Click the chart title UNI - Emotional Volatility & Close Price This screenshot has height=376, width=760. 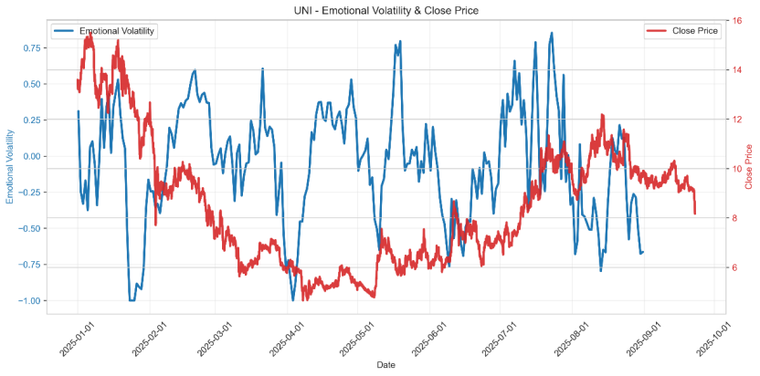click(385, 10)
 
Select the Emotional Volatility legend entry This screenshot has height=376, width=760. click(117, 31)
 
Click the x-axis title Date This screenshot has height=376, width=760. click(385, 365)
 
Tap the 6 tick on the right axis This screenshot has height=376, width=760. click(738, 267)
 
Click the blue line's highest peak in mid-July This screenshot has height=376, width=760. click(552, 33)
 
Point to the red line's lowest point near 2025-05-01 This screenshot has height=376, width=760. click(374, 297)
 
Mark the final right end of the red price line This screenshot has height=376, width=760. click(695, 214)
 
